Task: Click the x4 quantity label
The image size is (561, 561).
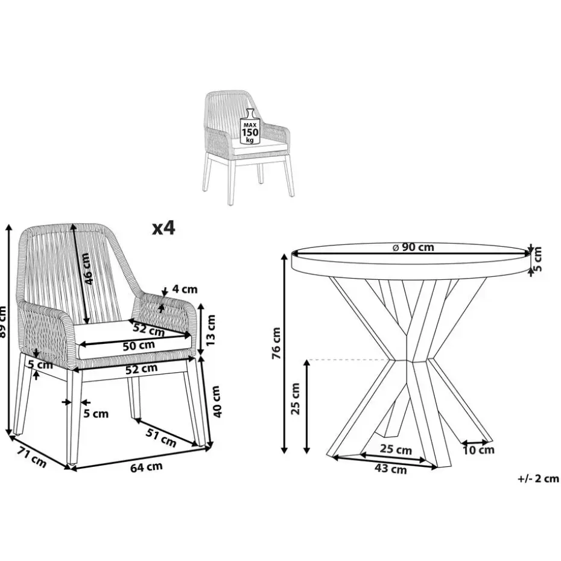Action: tap(163, 228)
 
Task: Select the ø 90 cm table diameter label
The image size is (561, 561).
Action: tap(413, 247)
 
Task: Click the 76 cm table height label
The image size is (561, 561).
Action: tap(276, 343)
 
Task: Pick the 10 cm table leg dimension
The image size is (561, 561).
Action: tap(479, 450)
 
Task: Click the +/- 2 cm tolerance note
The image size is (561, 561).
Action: tap(538, 478)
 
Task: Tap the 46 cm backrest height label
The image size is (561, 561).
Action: tap(86, 268)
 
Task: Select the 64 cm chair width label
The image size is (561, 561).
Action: tap(147, 467)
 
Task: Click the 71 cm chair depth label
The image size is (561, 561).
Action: tap(32, 457)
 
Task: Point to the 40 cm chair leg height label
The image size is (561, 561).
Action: tap(217, 401)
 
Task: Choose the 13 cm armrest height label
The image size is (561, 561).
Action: tap(211, 329)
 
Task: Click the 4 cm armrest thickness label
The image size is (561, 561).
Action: tap(185, 289)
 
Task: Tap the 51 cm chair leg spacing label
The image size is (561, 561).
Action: tap(161, 437)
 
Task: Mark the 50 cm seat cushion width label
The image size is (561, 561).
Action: tap(139, 346)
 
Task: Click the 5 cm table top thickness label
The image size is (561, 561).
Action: tap(537, 259)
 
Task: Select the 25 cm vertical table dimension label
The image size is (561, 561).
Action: tap(295, 398)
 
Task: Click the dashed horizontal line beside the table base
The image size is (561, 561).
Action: tap(350, 359)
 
